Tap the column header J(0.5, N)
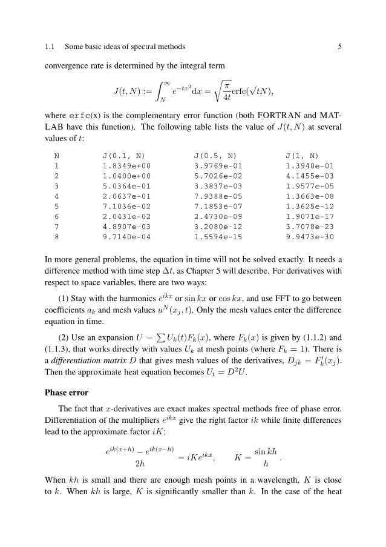(215, 155)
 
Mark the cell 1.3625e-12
(310, 206)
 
